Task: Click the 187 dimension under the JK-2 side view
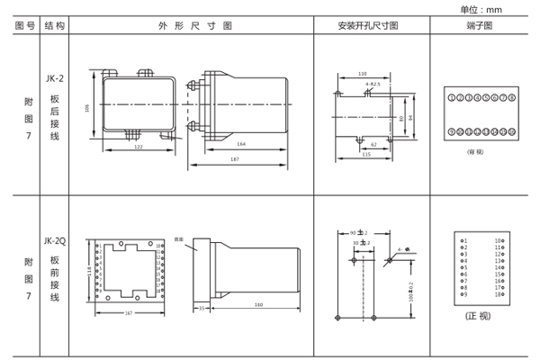pyautogui.click(x=234, y=158)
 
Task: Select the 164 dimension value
pyautogui.click(x=241, y=143)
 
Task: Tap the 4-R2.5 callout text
pyautogui.click(x=373, y=84)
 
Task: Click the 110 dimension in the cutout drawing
pyautogui.click(x=363, y=74)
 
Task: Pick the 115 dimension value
pyautogui.click(x=366, y=154)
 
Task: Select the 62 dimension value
pyautogui.click(x=374, y=143)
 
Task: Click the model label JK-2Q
pyautogui.click(x=54, y=240)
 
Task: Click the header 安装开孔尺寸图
pyautogui.click(x=373, y=26)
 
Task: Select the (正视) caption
pyautogui.click(x=481, y=317)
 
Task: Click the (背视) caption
pyautogui.click(x=475, y=151)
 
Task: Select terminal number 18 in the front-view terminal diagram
pyautogui.click(x=498, y=294)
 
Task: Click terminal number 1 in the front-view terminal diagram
pyautogui.click(x=464, y=240)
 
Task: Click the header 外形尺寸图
pyautogui.click(x=191, y=26)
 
